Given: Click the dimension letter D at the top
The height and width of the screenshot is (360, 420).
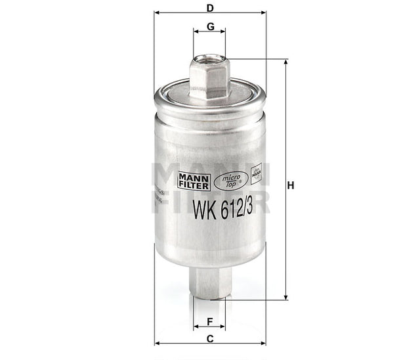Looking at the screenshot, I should click(x=209, y=8).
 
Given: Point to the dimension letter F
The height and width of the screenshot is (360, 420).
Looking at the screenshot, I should click(x=209, y=321).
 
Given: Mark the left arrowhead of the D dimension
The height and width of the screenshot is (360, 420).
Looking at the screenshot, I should click(x=157, y=12).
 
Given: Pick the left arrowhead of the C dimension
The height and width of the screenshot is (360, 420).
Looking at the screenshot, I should click(x=157, y=343).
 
